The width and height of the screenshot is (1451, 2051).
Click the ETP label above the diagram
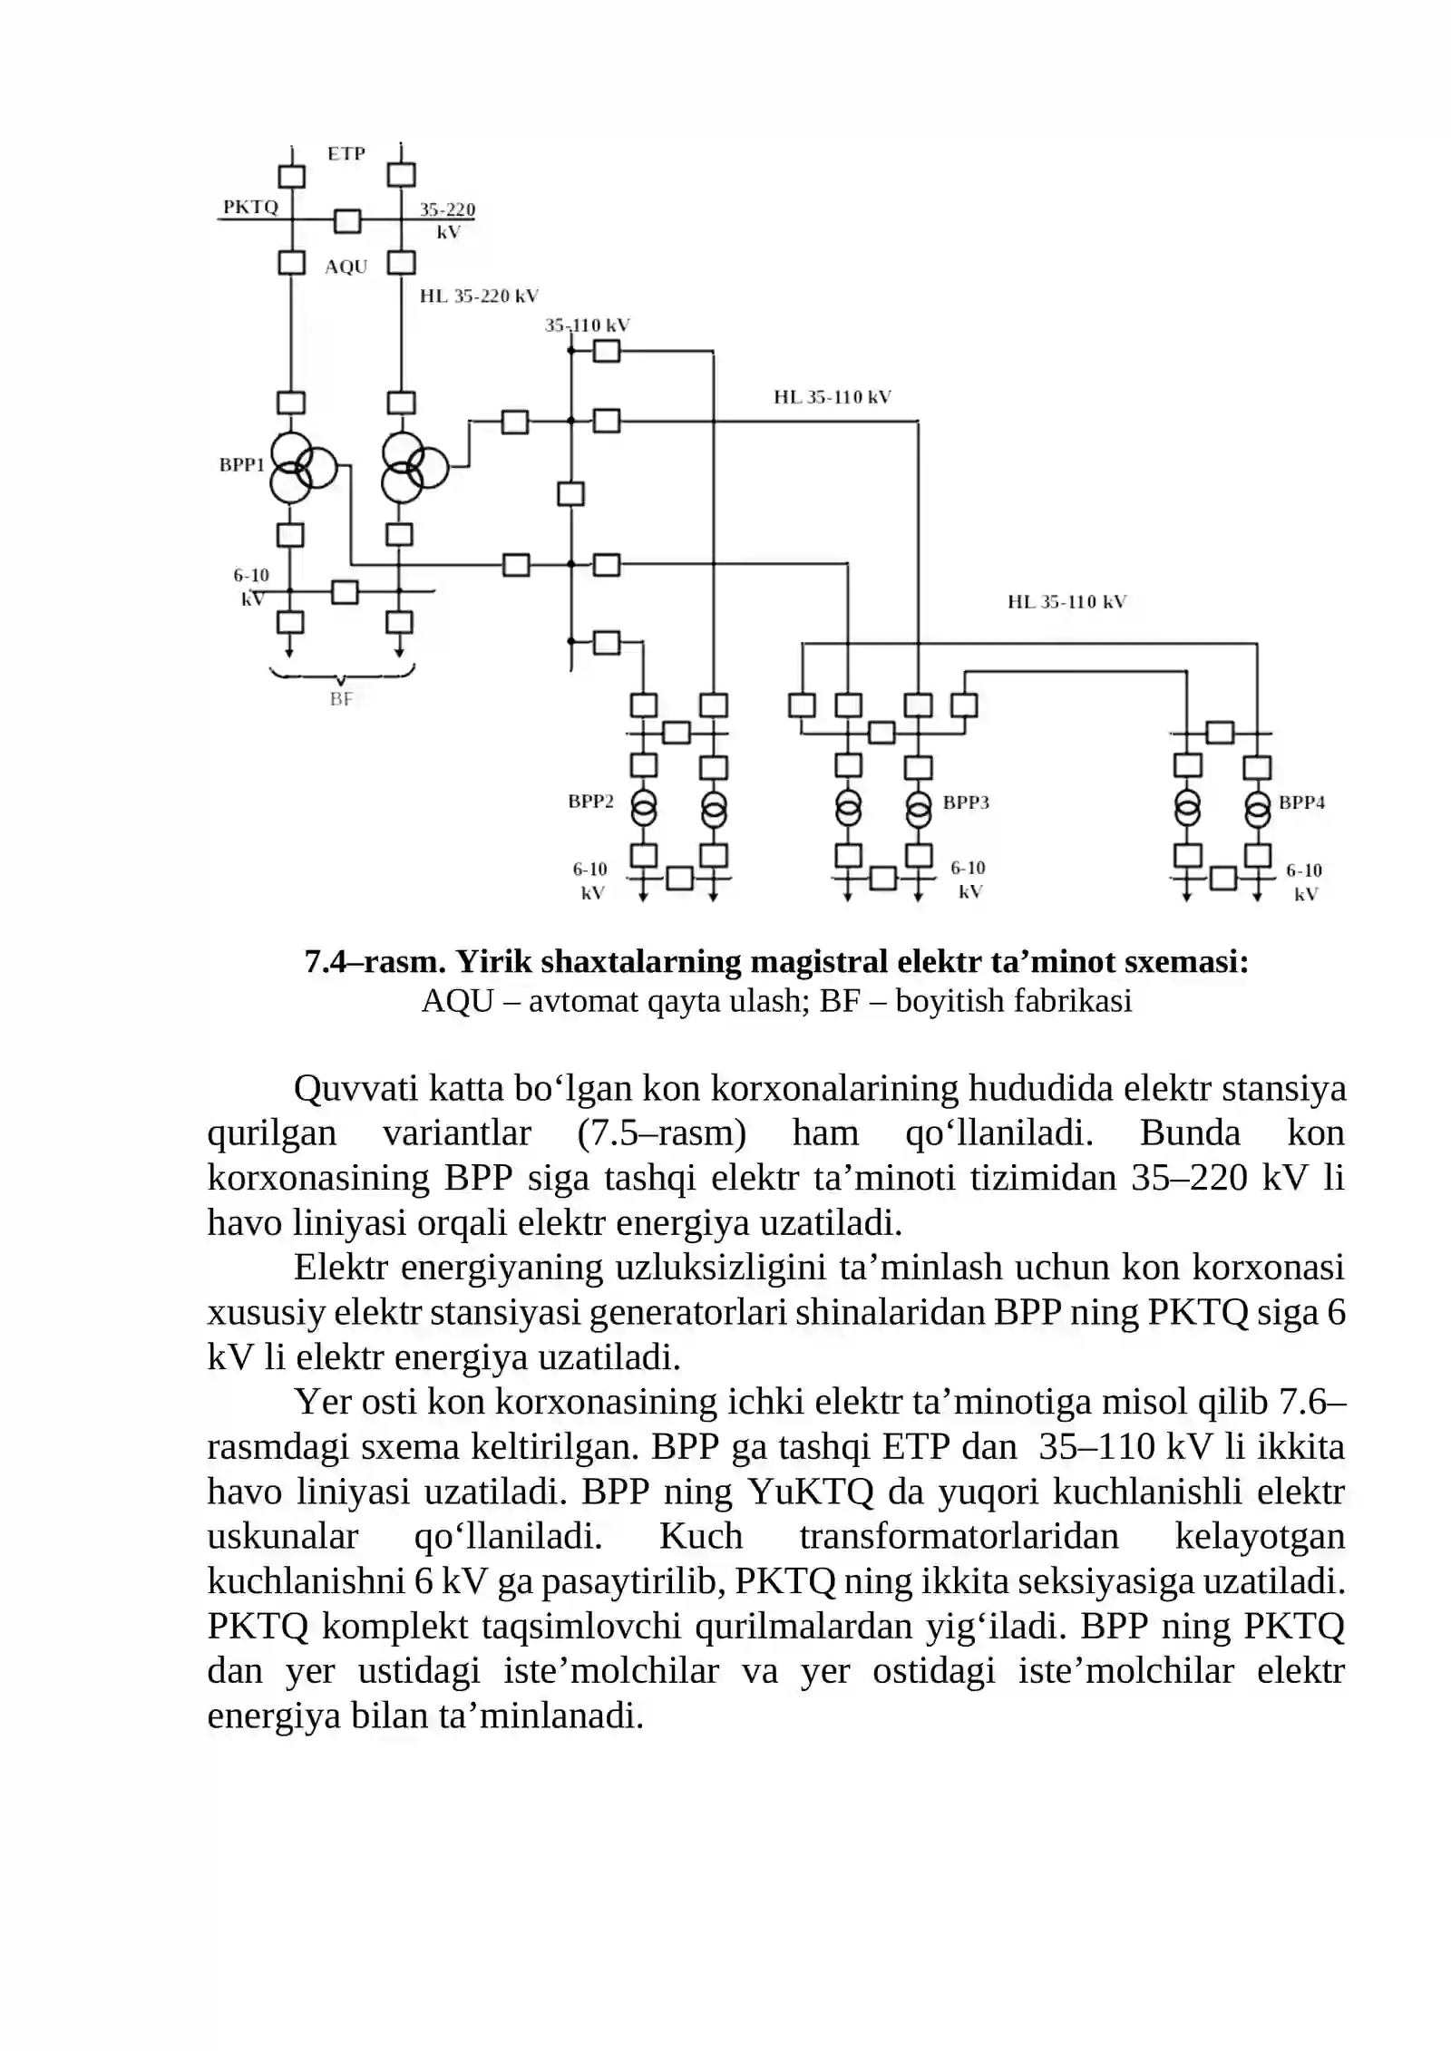[x=346, y=154]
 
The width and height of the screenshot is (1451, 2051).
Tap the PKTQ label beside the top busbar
[x=250, y=207]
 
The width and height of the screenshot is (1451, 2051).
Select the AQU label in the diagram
[x=346, y=267]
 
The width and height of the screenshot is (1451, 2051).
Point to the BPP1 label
[x=242, y=465]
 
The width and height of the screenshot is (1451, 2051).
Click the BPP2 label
[x=590, y=802]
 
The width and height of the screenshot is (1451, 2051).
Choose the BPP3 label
[x=966, y=802]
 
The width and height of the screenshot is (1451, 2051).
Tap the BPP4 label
[x=1301, y=802]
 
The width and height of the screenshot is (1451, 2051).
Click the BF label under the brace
[x=341, y=699]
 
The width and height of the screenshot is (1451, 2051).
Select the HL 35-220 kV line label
[x=479, y=296]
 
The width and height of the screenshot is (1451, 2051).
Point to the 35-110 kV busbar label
[x=587, y=325]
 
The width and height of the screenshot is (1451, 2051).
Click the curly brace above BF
[x=342, y=676]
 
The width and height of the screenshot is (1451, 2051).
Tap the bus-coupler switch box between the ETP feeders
[x=347, y=221]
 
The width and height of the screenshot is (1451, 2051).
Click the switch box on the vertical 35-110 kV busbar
[x=570, y=494]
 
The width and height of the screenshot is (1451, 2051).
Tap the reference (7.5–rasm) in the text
[x=661, y=1133]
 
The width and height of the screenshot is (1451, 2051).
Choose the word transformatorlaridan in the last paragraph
[x=959, y=1537]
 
